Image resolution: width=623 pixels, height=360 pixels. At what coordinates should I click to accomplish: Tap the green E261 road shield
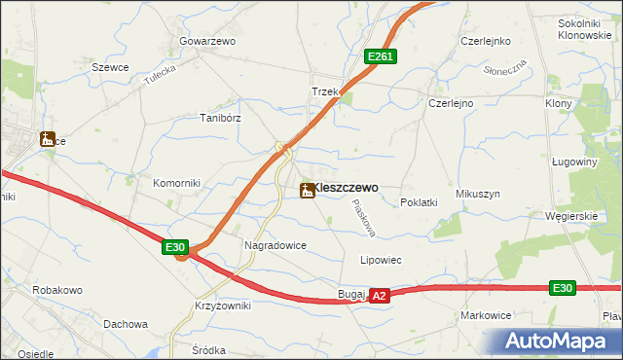point(380,58)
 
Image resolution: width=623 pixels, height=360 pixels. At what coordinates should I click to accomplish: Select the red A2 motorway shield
point(380,295)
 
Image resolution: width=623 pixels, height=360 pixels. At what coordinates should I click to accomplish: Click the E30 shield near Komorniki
point(175,248)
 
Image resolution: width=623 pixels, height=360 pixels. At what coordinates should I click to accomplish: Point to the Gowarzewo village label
point(207,42)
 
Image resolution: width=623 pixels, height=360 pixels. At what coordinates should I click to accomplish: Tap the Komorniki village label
point(176,183)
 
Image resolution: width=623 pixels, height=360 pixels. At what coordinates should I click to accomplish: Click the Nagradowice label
point(275,246)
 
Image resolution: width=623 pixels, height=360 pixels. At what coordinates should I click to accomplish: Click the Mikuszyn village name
point(477,194)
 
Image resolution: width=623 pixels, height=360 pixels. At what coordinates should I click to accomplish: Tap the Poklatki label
point(420,202)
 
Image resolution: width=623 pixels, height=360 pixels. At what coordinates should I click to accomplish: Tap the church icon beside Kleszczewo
point(308,191)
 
